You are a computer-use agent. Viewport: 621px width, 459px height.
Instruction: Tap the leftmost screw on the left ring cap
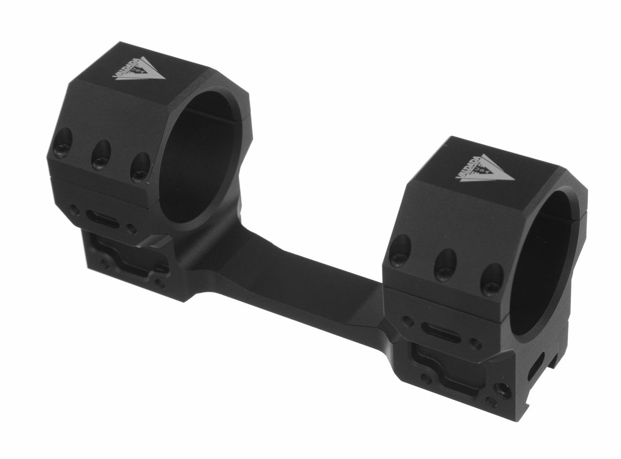pos(63,145)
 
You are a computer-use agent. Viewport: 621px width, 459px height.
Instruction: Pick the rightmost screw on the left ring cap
pos(140,167)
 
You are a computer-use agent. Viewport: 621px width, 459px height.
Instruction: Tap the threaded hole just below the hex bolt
pos(492,402)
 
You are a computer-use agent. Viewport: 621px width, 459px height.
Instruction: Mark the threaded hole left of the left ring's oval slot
pos(74,210)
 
